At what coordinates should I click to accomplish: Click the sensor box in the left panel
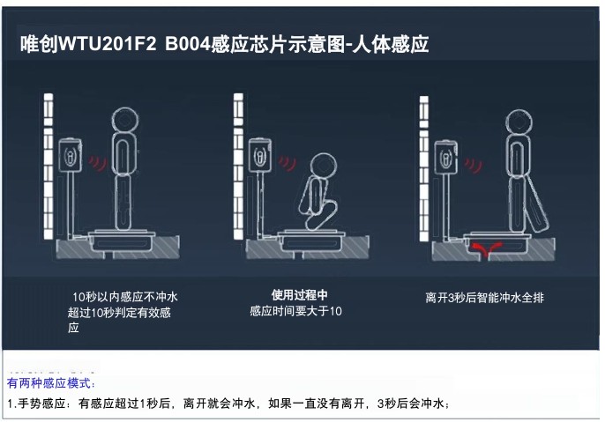(69, 155)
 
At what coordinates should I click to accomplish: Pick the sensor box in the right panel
(447, 158)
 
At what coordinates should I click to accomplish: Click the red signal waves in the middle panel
(288, 163)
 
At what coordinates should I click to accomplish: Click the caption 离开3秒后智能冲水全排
(484, 298)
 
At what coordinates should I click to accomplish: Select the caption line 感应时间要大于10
(297, 311)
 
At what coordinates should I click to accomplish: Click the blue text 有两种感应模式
(51, 385)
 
